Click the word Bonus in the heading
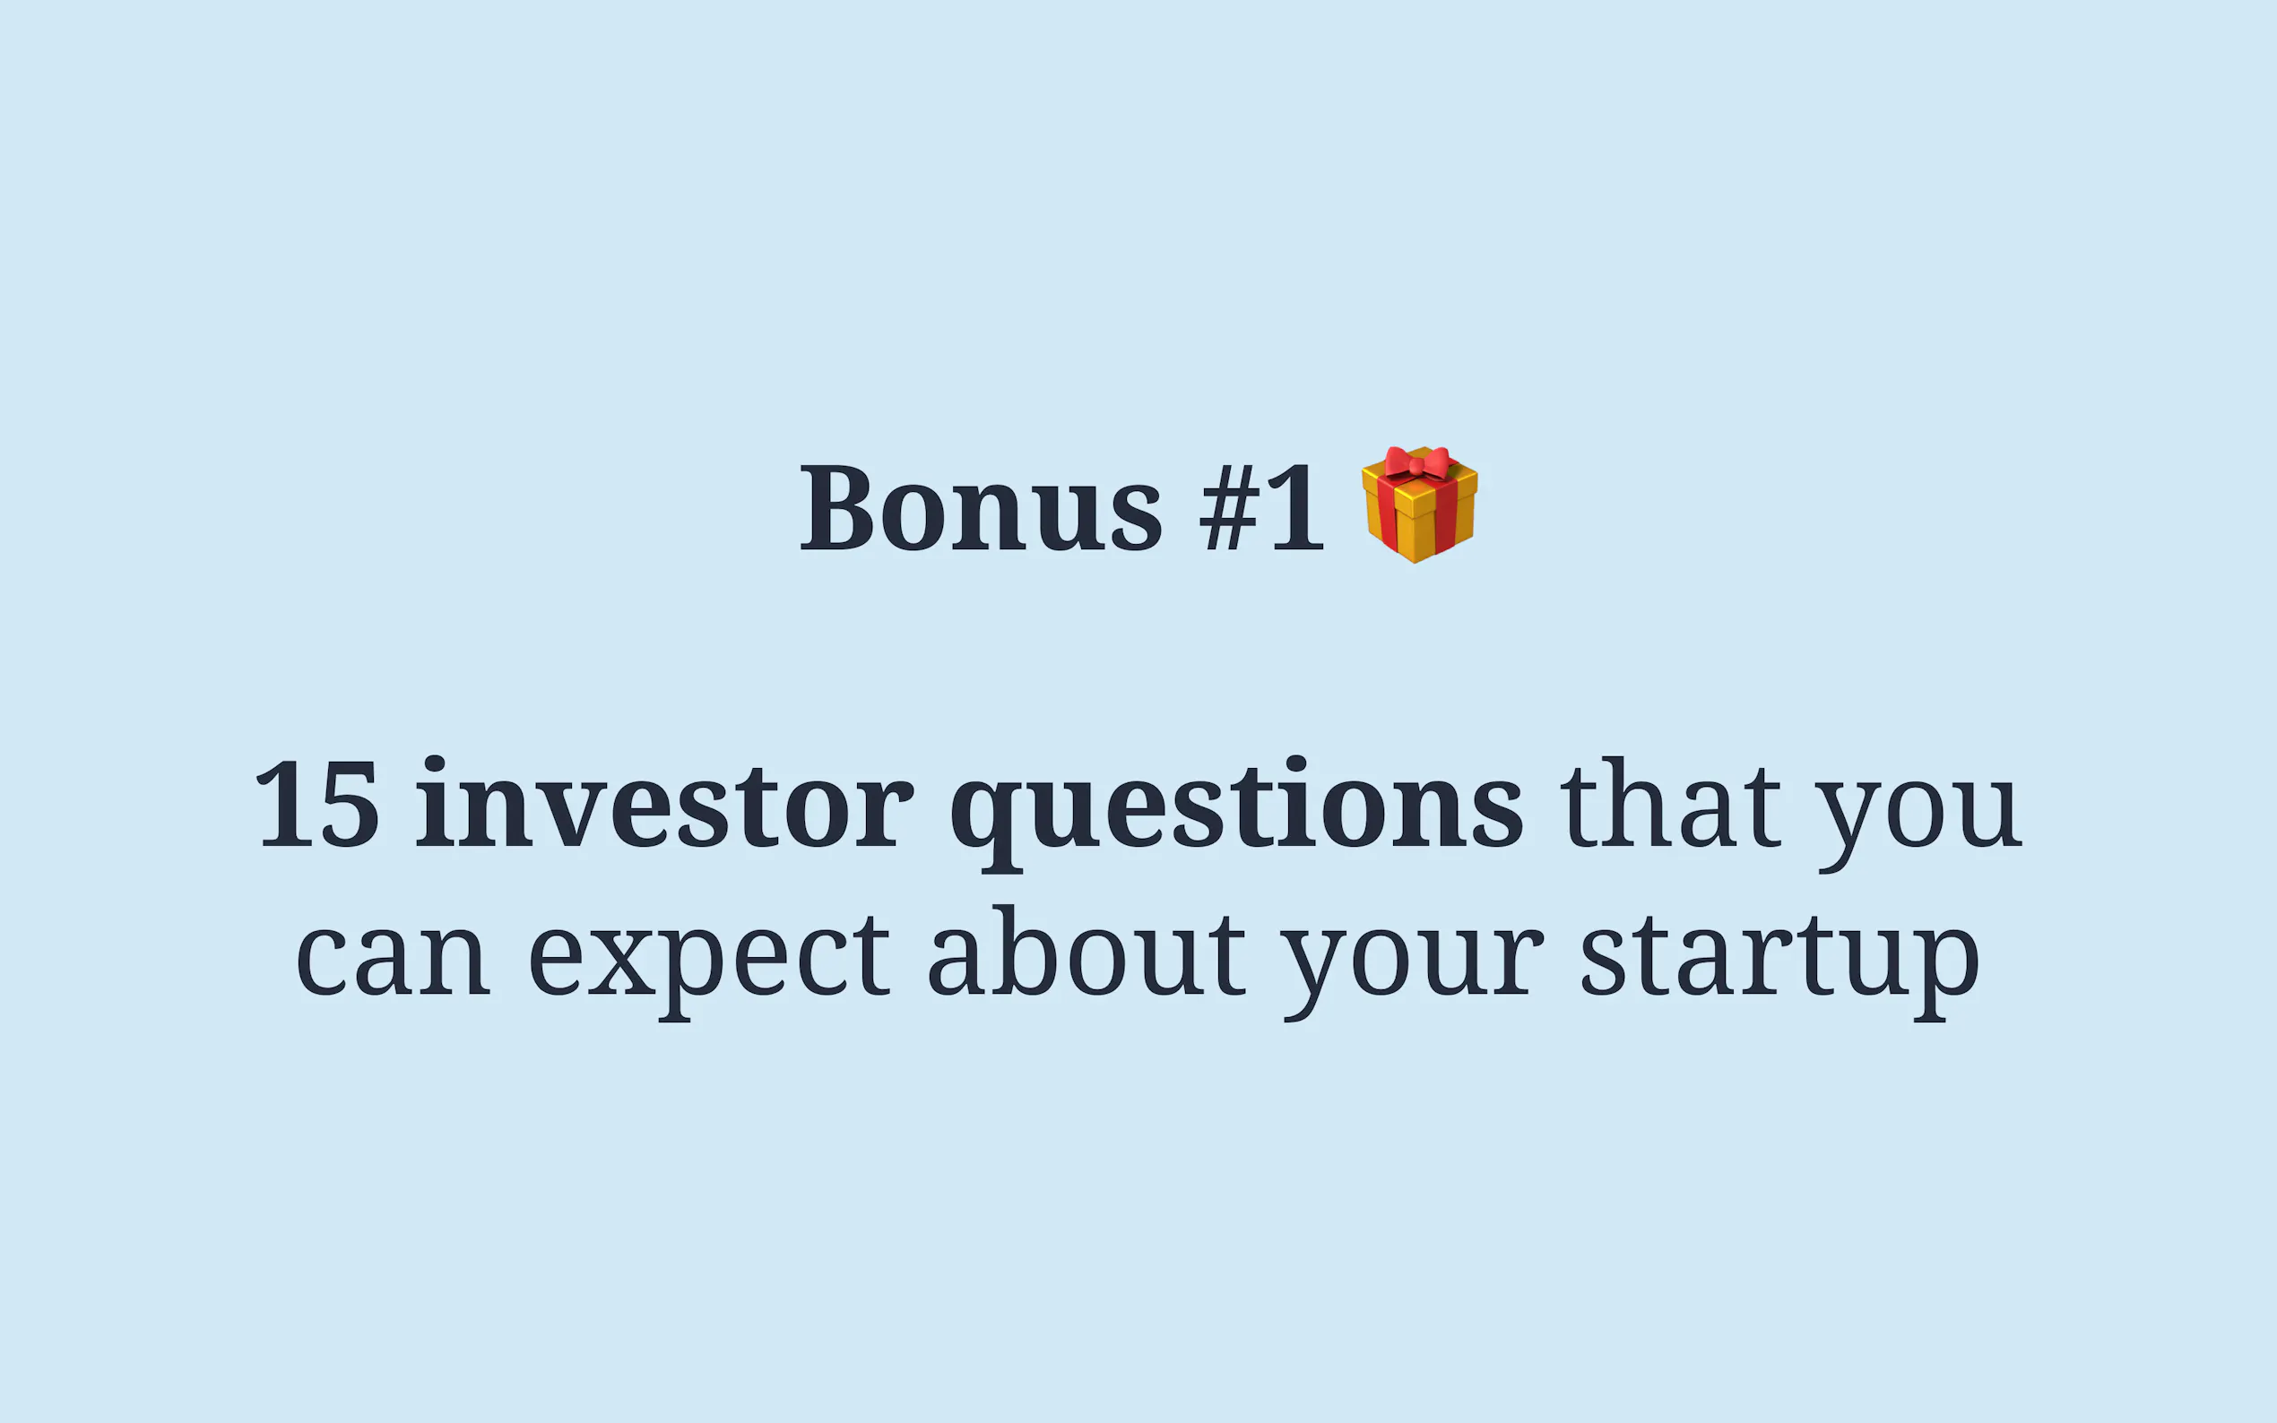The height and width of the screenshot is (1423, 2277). click(981, 506)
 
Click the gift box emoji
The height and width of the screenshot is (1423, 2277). click(1419, 505)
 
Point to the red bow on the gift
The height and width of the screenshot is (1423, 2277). click(1416, 463)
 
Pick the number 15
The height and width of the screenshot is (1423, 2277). click(317, 804)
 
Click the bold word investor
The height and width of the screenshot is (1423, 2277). click(664, 803)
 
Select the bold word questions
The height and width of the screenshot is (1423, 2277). click(1236, 813)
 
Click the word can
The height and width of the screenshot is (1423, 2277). click(393, 959)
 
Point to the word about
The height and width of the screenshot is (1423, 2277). click(1087, 951)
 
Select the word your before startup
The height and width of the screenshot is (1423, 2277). click(1413, 970)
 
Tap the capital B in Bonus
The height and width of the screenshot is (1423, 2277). click(835, 506)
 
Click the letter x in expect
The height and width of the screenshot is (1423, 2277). click(621, 959)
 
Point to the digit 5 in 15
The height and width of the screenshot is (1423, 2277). click(350, 804)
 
